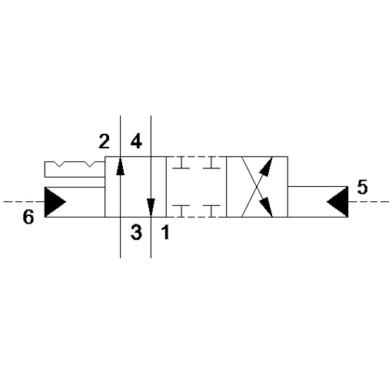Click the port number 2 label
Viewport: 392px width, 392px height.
coord(105,141)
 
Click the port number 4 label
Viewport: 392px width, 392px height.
coord(136,141)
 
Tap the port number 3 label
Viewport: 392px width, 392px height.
coord(136,232)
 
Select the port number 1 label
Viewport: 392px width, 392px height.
coord(165,232)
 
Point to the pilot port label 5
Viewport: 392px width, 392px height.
coord(362,187)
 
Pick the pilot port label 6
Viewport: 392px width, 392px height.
coord(28,217)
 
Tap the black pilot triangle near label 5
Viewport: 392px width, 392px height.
coord(337,201)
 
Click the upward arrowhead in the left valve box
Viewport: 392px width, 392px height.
coord(120,167)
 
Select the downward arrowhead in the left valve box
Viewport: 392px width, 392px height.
coord(151,207)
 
